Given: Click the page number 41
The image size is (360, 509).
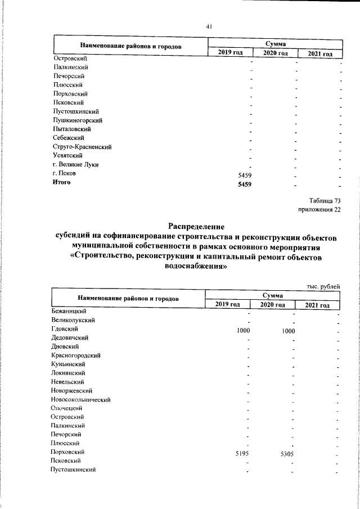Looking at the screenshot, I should pos(209,26).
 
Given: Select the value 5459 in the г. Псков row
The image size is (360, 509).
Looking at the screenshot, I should pos(244,175).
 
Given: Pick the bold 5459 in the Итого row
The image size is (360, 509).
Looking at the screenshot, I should pos(244,184).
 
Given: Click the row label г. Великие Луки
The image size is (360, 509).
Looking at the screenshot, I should pos(75,165).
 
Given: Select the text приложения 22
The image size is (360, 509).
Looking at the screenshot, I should pos(319,210).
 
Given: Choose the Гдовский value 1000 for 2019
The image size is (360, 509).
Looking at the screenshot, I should pos(244,331).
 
